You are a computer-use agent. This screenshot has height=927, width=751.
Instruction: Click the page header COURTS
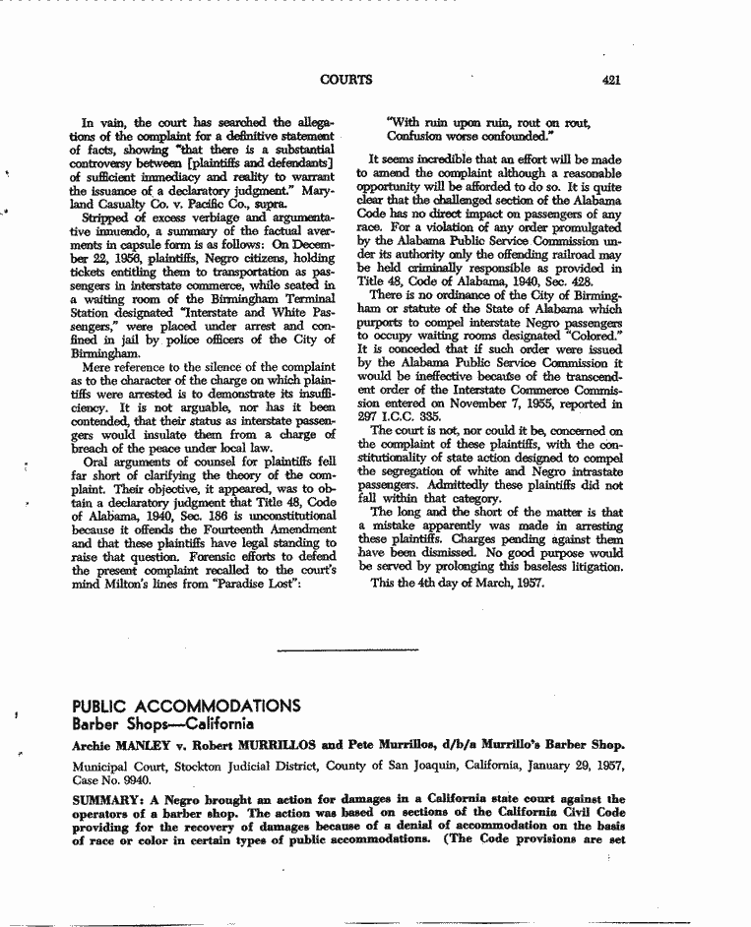point(346,80)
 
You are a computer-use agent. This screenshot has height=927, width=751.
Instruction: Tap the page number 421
point(610,80)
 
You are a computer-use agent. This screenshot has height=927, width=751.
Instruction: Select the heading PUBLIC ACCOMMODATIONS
point(186,706)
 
